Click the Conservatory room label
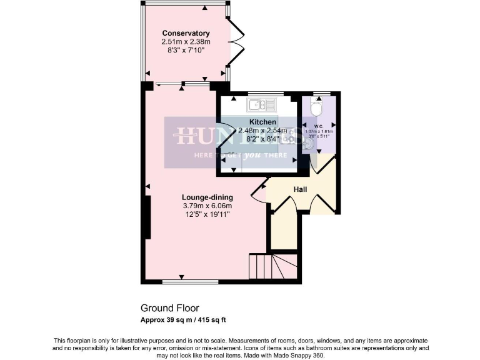186,33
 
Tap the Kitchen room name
262,122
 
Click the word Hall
300,189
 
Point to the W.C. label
318,124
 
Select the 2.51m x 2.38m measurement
186,42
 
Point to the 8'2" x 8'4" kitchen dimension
262,139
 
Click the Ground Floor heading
169,308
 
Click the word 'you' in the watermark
252,154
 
